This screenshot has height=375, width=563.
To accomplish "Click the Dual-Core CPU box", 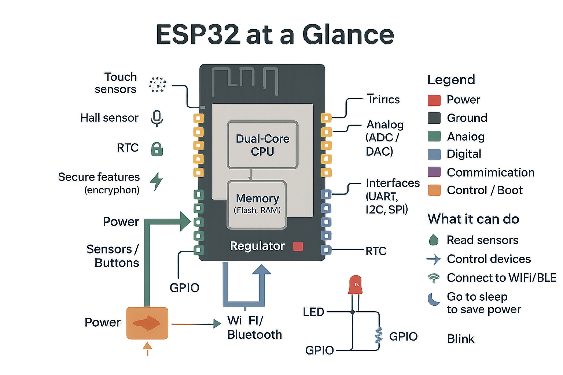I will pyautogui.click(x=262, y=145).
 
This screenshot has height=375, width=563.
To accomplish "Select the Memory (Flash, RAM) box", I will pyautogui.click(x=257, y=204).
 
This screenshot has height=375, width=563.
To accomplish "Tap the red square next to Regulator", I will pyautogui.click(x=298, y=246).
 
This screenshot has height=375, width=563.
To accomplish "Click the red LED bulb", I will pyautogui.click(x=355, y=285).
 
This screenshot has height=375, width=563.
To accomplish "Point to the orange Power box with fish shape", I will pyautogui.click(x=147, y=323).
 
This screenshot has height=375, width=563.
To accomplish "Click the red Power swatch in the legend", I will pyautogui.click(x=434, y=100).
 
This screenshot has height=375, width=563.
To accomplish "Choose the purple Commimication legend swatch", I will pyautogui.click(x=434, y=172).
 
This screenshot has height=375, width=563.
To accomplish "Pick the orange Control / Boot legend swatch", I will pyautogui.click(x=434, y=190).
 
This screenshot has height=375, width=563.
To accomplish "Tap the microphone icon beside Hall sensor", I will pyautogui.click(x=157, y=118).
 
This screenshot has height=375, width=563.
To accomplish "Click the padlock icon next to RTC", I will pyautogui.click(x=157, y=149).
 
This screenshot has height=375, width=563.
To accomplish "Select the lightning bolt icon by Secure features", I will pyautogui.click(x=157, y=181).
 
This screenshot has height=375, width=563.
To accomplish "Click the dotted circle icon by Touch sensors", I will pyautogui.click(x=158, y=85).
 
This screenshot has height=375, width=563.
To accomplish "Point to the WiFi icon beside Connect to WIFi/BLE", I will pyautogui.click(x=434, y=278).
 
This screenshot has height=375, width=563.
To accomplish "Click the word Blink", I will pyautogui.click(x=461, y=339).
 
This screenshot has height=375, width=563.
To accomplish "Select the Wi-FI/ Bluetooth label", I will pyautogui.click(x=254, y=327).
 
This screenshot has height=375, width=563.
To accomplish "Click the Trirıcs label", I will pyautogui.click(x=383, y=100).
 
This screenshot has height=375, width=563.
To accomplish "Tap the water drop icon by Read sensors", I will pyautogui.click(x=434, y=240).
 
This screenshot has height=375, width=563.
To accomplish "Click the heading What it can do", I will pyautogui.click(x=473, y=219).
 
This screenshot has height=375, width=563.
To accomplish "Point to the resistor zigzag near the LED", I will pyautogui.click(x=379, y=335).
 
